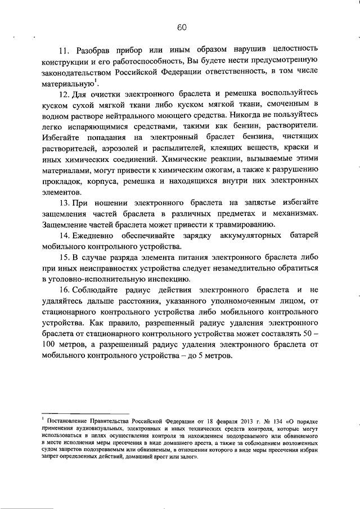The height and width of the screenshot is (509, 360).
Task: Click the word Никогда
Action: coord(260,115)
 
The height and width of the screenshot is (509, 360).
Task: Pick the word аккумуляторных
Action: coord(256,235)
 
